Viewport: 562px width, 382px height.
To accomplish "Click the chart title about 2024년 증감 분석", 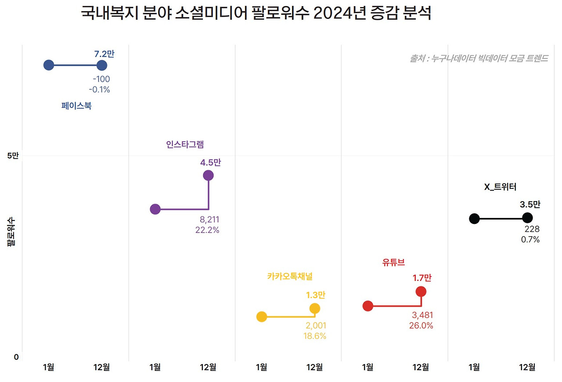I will click(256, 14).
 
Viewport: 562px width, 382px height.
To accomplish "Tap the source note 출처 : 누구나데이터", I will click(479, 58).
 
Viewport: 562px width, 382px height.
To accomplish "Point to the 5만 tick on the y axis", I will click(13, 156).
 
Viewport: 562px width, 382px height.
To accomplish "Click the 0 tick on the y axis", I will click(16, 357).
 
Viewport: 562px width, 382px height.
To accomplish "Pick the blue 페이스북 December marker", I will click(102, 65).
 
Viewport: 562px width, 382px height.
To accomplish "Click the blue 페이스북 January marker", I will click(49, 65).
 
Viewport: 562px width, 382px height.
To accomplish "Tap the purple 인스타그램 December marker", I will click(208, 176).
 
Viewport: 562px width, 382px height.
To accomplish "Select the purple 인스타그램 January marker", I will click(155, 209).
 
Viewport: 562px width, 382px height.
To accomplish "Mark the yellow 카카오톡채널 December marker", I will click(314, 309).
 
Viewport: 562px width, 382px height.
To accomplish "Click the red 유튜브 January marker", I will click(368, 306).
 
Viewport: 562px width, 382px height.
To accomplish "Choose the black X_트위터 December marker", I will click(527, 218).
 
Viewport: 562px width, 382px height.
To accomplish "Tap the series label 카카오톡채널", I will click(290, 276).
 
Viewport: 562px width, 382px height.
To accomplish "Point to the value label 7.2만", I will click(104, 54).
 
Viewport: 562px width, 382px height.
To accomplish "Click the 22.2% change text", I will click(207, 230).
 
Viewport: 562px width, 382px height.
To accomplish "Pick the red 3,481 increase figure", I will click(422, 315).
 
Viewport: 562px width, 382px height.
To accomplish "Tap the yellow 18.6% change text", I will click(315, 336).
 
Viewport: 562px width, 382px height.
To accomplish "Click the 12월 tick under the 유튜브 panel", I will click(421, 368).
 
